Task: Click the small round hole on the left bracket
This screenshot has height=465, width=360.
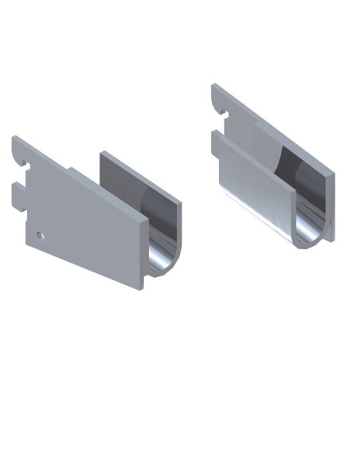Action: [x=40, y=235]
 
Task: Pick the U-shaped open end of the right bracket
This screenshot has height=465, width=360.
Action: [x=311, y=227]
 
